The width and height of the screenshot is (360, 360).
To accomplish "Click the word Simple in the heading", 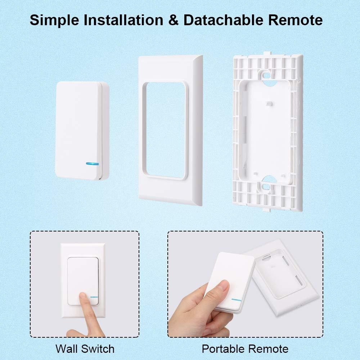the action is point(54,20).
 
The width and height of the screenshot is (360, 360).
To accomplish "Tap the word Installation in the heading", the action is point(123,20).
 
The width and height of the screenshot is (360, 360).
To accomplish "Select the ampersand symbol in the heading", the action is point(174,20).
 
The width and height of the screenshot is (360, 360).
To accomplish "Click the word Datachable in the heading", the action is point(223,20).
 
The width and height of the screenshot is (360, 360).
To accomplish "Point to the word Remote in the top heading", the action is point(296,20).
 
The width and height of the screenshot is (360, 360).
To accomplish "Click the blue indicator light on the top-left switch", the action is point(92,164).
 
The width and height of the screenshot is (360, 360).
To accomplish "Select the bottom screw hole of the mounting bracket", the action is point(266,186).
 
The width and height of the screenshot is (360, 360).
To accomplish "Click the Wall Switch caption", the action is point(85,349).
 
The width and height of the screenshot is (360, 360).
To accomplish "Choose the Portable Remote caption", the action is point(245,349).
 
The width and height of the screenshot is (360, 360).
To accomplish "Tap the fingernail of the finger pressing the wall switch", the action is point(82,297).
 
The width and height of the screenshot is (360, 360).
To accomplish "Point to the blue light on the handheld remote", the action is point(237,300).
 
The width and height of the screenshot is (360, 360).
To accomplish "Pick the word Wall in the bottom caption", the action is point(66,349).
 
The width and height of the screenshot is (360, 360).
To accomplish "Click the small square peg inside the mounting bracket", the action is point(269,104).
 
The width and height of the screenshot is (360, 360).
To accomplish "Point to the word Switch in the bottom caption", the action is point(98,349).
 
